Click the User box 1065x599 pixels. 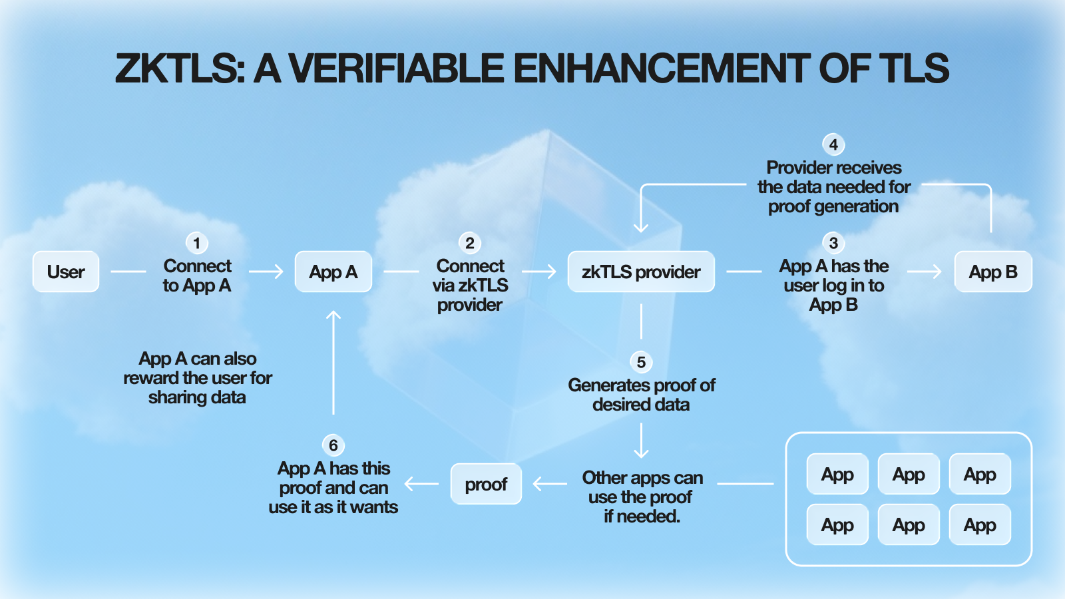click(66, 272)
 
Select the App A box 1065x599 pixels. click(333, 272)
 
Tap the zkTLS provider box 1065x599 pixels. click(640, 272)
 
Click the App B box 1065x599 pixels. click(992, 272)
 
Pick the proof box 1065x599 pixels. click(486, 484)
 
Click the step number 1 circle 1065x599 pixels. click(196, 243)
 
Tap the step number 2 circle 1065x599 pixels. click(470, 243)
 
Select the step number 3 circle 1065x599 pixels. click(833, 243)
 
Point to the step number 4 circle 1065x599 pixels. click(833, 144)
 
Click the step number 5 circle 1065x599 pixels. click(641, 362)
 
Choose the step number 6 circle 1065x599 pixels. click(333, 445)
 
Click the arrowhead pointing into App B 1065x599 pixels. click(938, 272)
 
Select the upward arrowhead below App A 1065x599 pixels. click(333, 315)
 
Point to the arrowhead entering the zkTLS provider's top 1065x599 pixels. click(641, 228)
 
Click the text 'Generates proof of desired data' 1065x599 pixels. click(641, 395)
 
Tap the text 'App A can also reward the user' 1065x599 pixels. click(198, 377)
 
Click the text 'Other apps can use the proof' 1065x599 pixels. click(642, 497)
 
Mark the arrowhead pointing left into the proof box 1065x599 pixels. click(538, 484)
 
